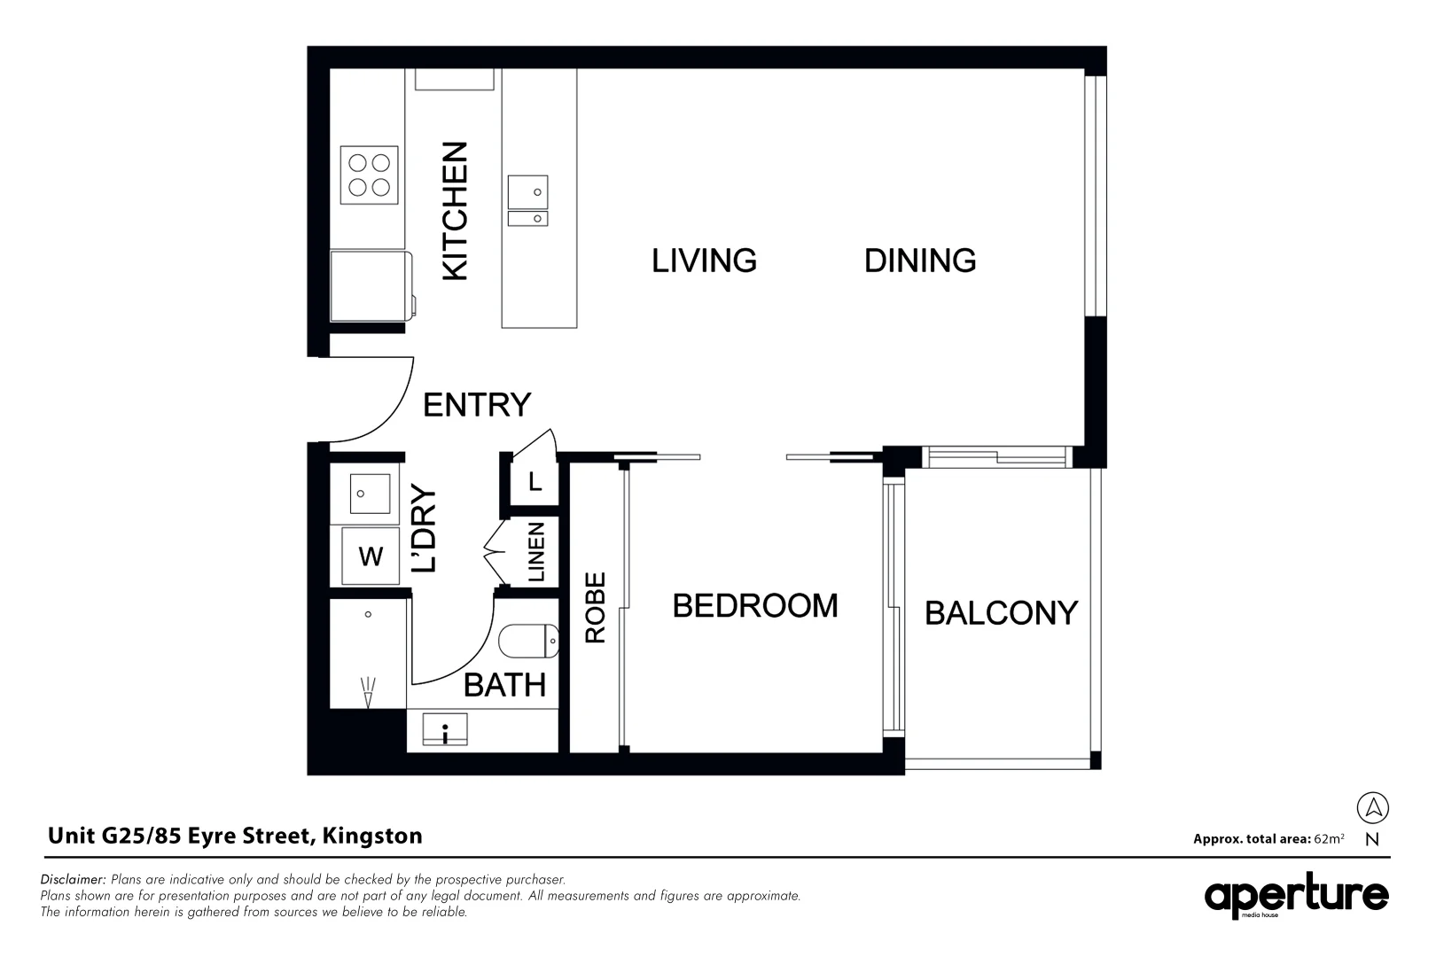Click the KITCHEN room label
pyautogui.click(x=455, y=211)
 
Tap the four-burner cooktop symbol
pyautogui.click(x=370, y=175)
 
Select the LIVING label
pyautogui.click(x=704, y=261)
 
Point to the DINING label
pyautogui.click(x=920, y=261)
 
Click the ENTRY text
pyautogui.click(x=477, y=405)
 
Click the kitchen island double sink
pyautogui.click(x=527, y=201)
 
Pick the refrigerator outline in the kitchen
pyautogui.click(x=371, y=286)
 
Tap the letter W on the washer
pyautogui.click(x=371, y=556)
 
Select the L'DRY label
pyautogui.click(x=425, y=528)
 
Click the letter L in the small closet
pyautogui.click(x=535, y=482)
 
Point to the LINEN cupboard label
pyautogui.click(x=536, y=552)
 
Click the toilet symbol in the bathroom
pyautogui.click(x=528, y=641)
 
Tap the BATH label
pyautogui.click(x=504, y=685)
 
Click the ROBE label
pyautogui.click(x=595, y=607)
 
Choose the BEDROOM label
pyautogui.click(x=755, y=606)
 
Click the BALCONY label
pyautogui.click(x=1001, y=613)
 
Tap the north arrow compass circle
pyautogui.click(x=1372, y=807)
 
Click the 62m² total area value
pyautogui.click(x=1329, y=838)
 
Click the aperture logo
pyautogui.click(x=1296, y=897)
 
